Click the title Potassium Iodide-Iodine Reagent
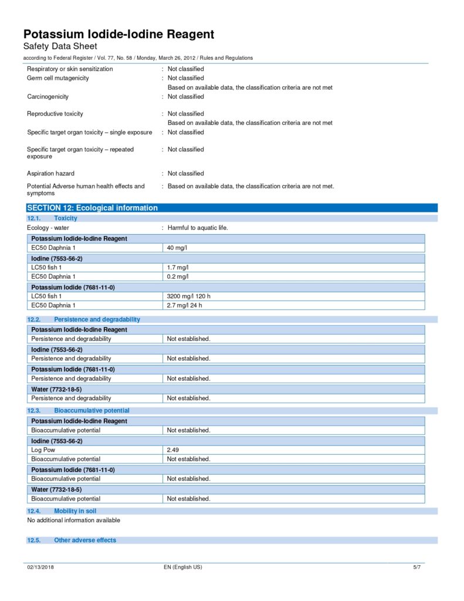[118, 34]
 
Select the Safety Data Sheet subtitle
[60, 46]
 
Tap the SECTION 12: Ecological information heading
[93, 208]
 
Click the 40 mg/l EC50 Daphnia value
[177, 248]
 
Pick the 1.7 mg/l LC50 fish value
[178, 267]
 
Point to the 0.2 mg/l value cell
[178, 276]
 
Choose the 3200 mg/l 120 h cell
[189, 296]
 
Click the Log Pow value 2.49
[174, 450]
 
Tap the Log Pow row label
[43, 450]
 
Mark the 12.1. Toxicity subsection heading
[52, 218]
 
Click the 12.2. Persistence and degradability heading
[84, 319]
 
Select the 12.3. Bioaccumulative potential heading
[79, 411]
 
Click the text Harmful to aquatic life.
[198, 228]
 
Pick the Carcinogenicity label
[48, 96]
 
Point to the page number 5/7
[417, 567]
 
